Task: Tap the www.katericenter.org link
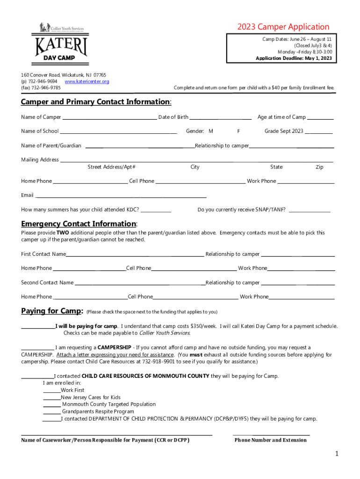(x=86, y=81)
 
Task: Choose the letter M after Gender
(x=211, y=131)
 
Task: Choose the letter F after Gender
(x=238, y=131)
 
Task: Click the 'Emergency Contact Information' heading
(x=79, y=224)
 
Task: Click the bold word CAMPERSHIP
(x=114, y=348)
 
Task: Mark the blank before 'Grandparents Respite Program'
(x=51, y=413)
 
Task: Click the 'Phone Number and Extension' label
(x=271, y=440)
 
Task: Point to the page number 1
(x=336, y=454)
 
